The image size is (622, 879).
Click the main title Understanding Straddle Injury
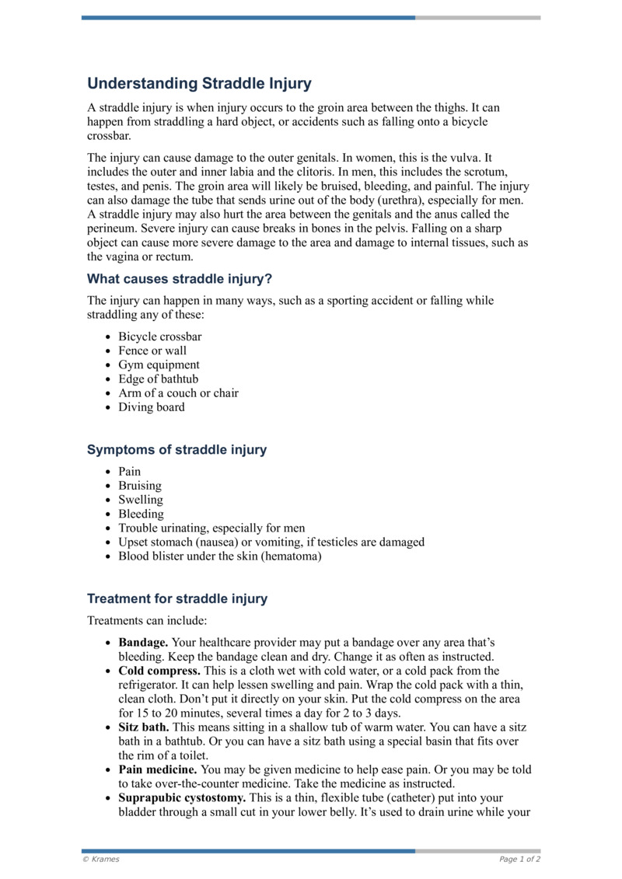point(199,84)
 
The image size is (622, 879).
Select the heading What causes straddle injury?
point(180,278)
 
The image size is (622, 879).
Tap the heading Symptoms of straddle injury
point(176,449)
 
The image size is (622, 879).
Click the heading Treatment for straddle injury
point(177,598)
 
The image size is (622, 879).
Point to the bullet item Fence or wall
point(152,351)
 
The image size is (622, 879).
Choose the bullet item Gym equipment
point(159,365)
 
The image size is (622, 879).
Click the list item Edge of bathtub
point(158,378)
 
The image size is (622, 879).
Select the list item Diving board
point(152,406)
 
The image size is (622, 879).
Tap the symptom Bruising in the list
point(140,486)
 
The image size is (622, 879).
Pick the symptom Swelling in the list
point(141,500)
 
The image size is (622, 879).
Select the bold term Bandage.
point(143,643)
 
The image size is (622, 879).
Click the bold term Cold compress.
point(159,670)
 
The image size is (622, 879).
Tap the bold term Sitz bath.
point(144,727)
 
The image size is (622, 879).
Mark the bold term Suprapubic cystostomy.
point(181,797)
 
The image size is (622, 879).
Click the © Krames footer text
point(101,860)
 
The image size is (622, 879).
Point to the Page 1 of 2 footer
point(519,860)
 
